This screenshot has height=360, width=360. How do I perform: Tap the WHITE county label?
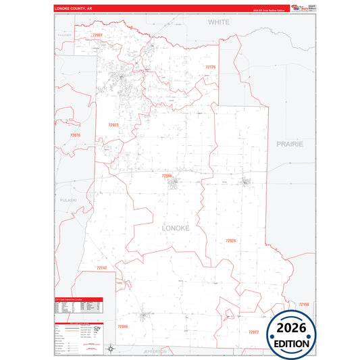coord(218,22)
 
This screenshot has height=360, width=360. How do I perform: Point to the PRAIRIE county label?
coord(290,144)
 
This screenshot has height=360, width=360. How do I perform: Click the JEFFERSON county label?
coord(159,352)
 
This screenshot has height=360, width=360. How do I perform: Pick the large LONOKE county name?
coord(180,228)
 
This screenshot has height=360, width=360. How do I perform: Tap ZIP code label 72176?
coord(209,67)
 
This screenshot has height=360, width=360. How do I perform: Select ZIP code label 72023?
coord(113,125)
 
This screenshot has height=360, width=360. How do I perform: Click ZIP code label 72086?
coord(167,176)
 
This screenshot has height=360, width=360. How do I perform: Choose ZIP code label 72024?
coord(230,240)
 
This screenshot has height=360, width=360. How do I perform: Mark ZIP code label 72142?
coord(102,268)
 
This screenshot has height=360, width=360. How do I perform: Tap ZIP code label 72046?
coord(122,326)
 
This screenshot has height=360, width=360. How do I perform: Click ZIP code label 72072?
coord(253,332)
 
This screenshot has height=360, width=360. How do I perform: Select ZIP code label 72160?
coord(303,305)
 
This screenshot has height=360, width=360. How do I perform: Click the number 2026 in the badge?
coord(296,329)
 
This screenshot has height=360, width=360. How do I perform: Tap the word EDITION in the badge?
coord(296,343)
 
